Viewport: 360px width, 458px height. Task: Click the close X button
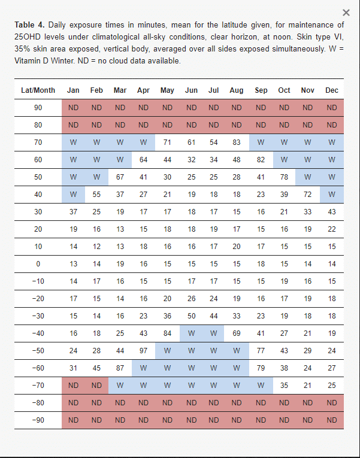tap(346, 13)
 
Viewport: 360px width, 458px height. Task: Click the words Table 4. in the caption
tap(29, 25)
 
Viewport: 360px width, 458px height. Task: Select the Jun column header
tap(191, 90)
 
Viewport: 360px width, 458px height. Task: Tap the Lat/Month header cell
tap(38, 90)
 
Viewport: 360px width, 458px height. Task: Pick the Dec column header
tap(332, 90)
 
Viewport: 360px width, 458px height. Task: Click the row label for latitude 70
tap(38, 142)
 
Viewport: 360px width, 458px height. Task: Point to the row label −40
tap(38, 333)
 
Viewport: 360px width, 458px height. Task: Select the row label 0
tap(38, 264)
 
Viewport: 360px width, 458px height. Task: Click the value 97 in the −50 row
tap(143, 350)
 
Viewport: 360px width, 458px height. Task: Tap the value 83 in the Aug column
tap(237, 142)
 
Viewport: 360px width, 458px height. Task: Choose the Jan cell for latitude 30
tap(73, 212)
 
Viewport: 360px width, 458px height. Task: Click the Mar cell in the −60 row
tap(120, 368)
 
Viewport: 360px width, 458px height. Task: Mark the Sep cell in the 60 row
tap(261, 160)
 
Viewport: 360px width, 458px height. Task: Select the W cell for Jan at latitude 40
tap(73, 195)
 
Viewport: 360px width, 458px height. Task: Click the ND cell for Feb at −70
tap(96, 386)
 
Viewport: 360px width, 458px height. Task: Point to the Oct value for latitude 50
tap(284, 177)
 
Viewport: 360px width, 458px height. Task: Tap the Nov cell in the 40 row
tap(307, 195)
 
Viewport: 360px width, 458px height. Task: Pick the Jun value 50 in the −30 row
tap(191, 316)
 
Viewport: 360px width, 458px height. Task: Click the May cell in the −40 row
tap(167, 333)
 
